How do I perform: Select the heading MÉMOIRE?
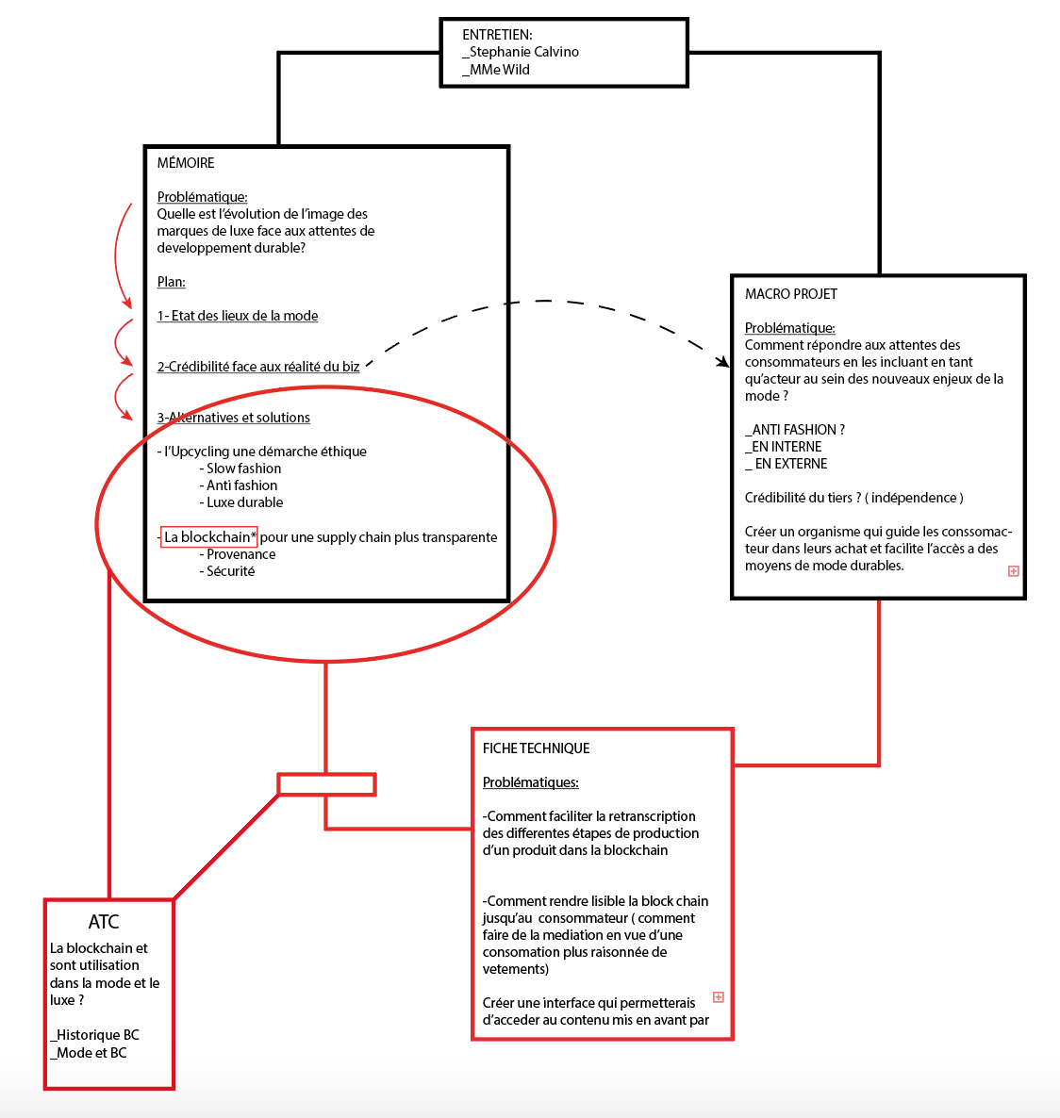186,163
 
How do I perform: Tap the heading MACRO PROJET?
790,294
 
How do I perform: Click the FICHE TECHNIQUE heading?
536,748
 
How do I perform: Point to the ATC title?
104,922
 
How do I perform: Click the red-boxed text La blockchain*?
209,537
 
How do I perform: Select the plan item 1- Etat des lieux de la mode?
238,316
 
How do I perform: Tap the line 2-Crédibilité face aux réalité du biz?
258,367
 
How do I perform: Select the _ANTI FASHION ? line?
795,430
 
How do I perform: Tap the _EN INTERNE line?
783,447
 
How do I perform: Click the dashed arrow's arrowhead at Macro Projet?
723,362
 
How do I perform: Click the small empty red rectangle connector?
326,784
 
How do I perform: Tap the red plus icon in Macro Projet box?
1014,571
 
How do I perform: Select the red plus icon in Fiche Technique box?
719,997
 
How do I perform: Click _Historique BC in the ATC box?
95,1035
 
